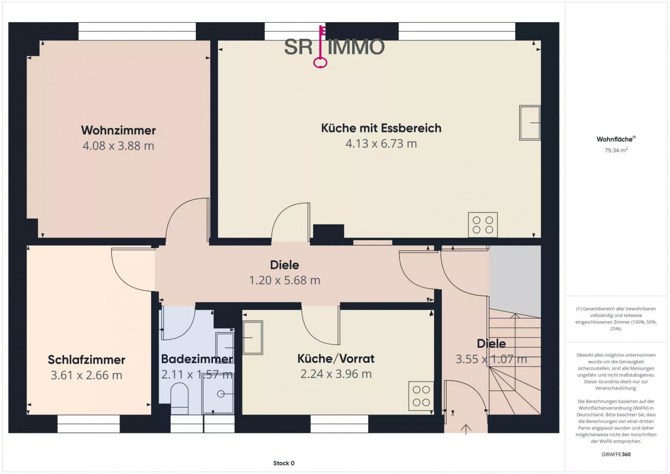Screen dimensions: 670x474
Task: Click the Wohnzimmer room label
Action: click(118, 130)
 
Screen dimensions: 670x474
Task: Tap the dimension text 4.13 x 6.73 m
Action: click(381, 143)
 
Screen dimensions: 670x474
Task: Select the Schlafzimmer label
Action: click(86, 360)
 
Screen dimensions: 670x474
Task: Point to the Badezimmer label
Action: click(197, 359)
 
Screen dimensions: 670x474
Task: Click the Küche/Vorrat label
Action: click(336, 359)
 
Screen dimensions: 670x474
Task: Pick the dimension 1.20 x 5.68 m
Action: click(285, 280)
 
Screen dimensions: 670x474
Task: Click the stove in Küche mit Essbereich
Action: click(483, 225)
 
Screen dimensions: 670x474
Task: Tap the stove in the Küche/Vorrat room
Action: click(421, 396)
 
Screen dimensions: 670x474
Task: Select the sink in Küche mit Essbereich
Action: click(530, 123)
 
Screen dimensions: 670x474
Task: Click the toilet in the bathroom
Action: click(179, 399)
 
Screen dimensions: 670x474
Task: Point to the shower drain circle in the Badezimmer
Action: click(221, 394)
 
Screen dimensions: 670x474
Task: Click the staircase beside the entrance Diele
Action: click(515, 365)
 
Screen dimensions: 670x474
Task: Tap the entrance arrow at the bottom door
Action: click(466, 429)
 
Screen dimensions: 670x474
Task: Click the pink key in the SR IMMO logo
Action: click(320, 47)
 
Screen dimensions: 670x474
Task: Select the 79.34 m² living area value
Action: click(616, 150)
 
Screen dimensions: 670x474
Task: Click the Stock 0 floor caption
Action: click(284, 463)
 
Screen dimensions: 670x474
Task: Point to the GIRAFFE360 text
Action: click(616, 454)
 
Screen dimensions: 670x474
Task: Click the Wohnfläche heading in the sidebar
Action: click(616, 139)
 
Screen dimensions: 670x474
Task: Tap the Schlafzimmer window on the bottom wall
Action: click(89, 424)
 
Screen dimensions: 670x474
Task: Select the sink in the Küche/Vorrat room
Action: click(253, 338)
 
